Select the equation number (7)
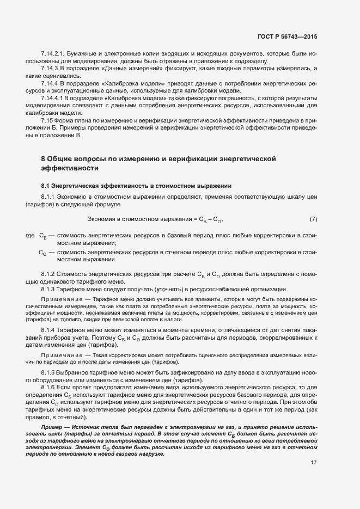pos(313,219)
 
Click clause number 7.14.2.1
pos(53,54)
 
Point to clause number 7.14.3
pos(50,69)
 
